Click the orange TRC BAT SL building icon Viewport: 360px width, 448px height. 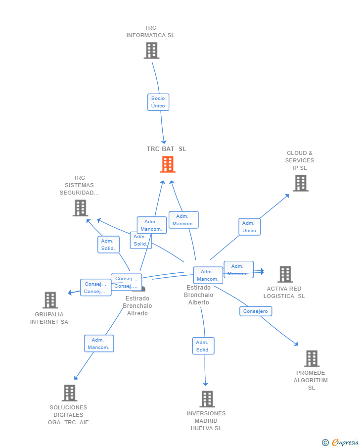coord(168,164)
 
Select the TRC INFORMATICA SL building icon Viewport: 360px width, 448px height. coord(151,50)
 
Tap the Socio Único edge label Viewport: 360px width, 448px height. coord(158,102)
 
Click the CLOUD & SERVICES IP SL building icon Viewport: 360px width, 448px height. coord(300,183)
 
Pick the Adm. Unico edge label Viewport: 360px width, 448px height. coord(249,227)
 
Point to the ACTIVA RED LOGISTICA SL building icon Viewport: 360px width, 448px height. coord(285,274)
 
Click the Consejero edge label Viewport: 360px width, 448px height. coord(256,311)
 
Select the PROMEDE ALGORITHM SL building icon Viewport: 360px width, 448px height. coord(311,358)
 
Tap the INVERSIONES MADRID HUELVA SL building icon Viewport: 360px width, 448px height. coord(207,399)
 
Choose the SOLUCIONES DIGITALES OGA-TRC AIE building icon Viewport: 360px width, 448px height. coord(69,393)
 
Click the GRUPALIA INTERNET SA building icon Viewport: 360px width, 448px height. coord(50,300)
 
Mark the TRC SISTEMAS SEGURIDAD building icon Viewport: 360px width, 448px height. coord(80,208)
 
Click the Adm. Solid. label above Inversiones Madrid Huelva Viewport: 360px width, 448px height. coord(203,346)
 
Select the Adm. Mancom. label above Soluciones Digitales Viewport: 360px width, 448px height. coord(99,344)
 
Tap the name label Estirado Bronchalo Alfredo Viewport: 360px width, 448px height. coord(137,306)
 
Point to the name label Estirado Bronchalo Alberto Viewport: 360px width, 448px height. coord(198,295)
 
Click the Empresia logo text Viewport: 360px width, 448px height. coord(345,443)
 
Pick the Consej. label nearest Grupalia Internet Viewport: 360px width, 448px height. coord(96,288)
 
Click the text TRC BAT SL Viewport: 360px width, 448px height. coord(166,149)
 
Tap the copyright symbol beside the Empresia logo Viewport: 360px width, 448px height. coord(325,443)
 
